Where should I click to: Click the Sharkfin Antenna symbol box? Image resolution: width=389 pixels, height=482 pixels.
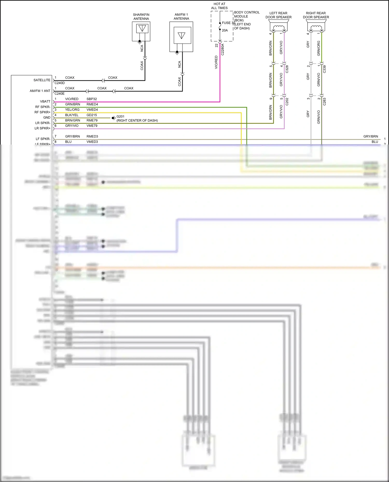coord(141,31)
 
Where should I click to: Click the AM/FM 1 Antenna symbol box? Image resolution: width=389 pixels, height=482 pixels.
coord(181,37)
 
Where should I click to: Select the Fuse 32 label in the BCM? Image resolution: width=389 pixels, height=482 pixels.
coord(228,23)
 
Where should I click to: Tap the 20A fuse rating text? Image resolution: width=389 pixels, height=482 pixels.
coord(225,30)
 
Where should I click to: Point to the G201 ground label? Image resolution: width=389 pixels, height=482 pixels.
coord(120,117)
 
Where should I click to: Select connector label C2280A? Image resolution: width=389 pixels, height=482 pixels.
coord(223,49)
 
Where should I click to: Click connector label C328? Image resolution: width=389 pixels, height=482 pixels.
coord(287,69)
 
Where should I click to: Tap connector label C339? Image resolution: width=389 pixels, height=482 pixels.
coord(324,69)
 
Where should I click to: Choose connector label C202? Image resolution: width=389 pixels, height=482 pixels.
coord(287,102)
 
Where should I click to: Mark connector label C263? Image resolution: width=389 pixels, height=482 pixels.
coord(324,102)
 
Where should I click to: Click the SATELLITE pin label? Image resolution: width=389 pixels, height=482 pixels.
coord(42,80)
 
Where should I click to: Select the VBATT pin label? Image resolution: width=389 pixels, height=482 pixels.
coord(45,102)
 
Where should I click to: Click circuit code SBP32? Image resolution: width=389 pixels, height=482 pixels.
coord(92,99)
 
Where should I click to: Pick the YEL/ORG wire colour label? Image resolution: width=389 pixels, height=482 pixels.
coord(72,110)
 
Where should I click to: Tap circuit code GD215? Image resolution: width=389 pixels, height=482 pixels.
coord(92,115)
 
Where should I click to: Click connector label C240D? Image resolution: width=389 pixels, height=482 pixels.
coord(60,83)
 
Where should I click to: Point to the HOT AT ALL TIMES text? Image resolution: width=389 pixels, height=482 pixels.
coord(219,6)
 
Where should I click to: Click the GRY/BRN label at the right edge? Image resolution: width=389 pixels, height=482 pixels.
coord(371,136)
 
